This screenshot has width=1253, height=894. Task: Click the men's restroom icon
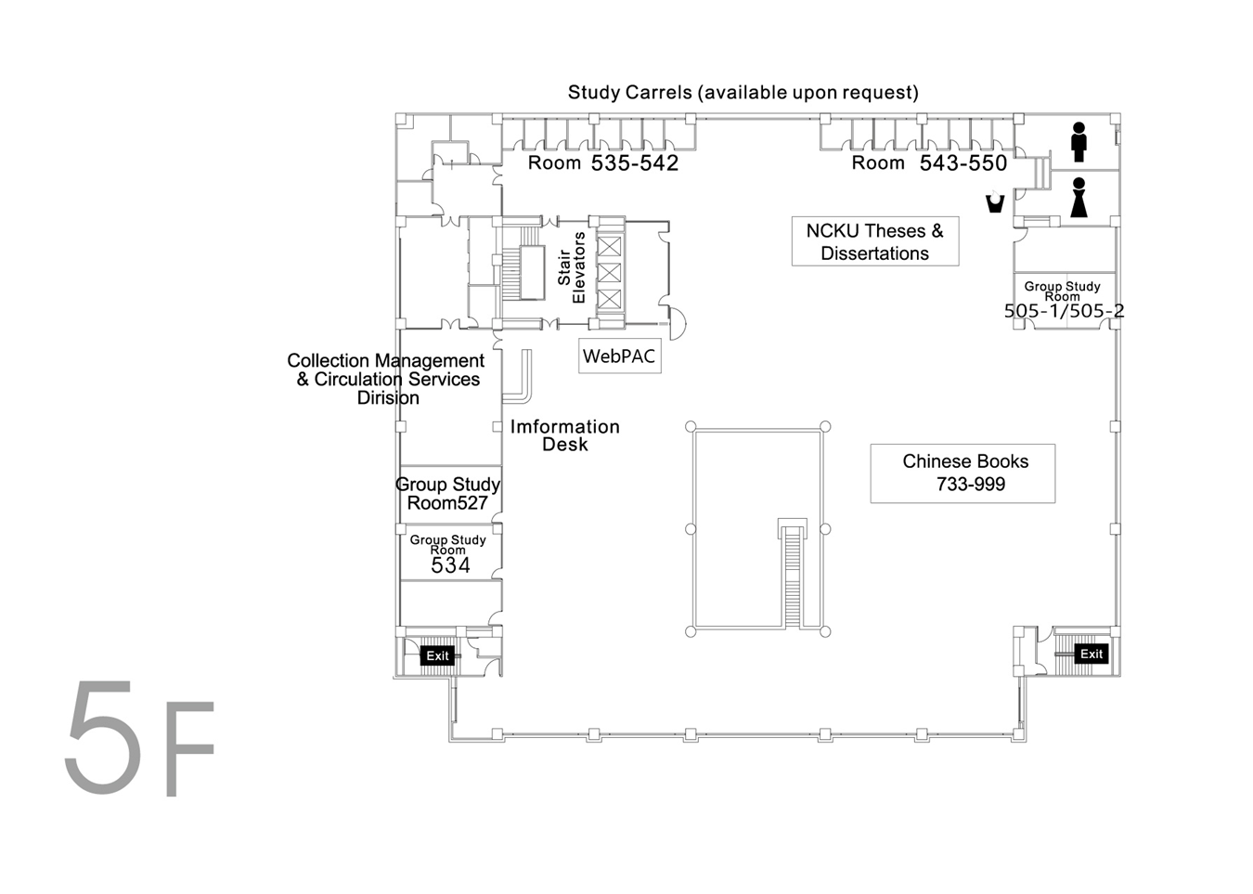1079,142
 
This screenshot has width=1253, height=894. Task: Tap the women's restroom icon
1079,198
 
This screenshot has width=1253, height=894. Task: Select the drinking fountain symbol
995,202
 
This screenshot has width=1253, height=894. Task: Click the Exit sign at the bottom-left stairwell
437,655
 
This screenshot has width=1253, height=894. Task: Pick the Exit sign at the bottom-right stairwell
1092,654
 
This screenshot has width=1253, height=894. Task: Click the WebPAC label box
619,356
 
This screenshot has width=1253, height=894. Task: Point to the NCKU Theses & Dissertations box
875,241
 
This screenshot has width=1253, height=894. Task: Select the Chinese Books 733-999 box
962,473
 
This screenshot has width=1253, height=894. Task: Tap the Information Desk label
565,435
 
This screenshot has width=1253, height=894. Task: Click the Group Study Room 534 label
448,554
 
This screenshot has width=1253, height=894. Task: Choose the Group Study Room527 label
447,494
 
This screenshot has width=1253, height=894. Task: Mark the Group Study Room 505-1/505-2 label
1064,300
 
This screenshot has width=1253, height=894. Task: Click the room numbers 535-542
635,162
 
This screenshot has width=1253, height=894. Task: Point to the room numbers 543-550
963,162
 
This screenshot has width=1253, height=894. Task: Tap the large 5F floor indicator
140,738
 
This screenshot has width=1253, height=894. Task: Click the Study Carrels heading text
743,92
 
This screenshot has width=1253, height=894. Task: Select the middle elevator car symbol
609,272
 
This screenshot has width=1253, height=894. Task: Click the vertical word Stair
564,266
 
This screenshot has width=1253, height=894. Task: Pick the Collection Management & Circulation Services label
385,379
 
